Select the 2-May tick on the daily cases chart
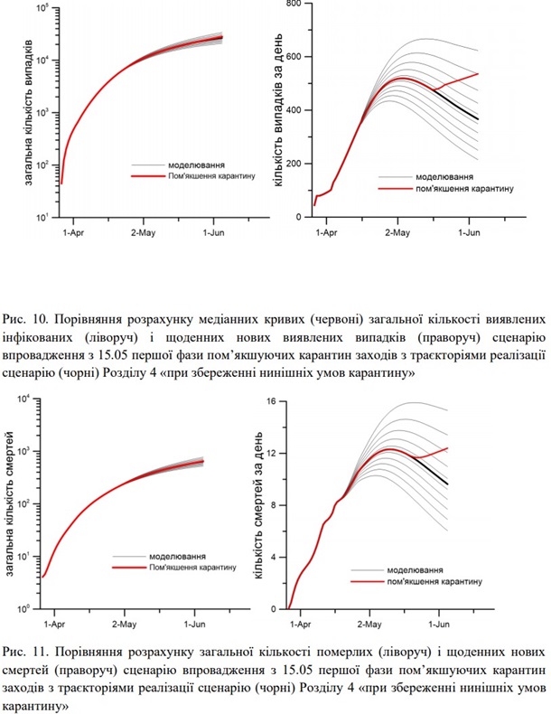coord(395,232)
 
